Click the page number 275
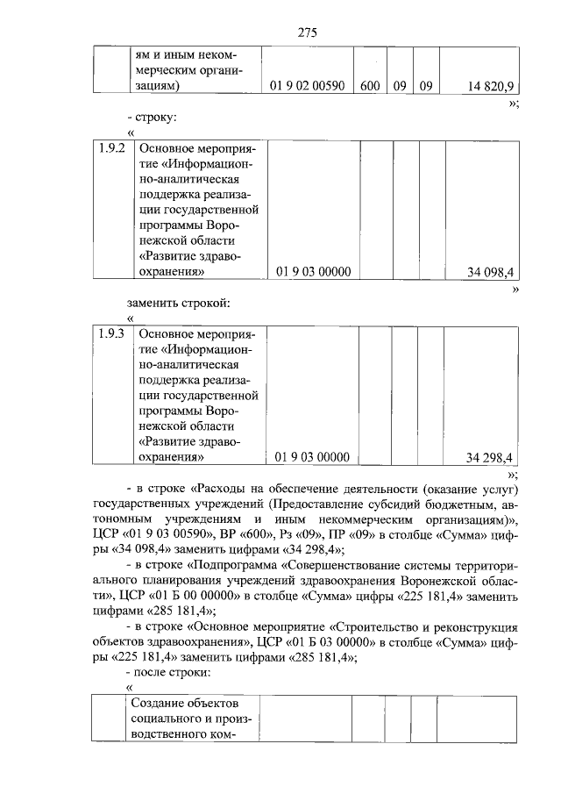pos(307,32)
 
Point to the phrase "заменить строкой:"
pos(178,304)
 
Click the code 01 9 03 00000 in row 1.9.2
pos(313,272)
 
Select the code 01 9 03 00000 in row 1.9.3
pos(313,457)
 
